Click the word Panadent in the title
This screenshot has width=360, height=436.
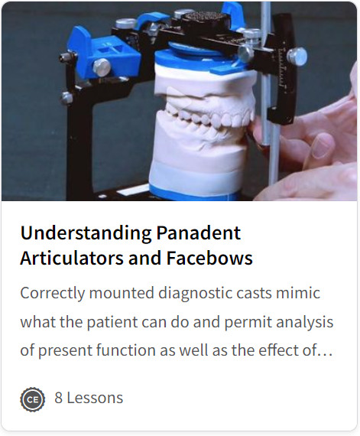[198, 233]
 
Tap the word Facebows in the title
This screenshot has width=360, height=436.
[209, 258]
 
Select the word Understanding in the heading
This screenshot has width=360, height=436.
[86, 233]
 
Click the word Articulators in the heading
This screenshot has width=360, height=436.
[72, 258]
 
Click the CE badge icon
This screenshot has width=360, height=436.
[33, 399]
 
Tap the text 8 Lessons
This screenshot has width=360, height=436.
[89, 398]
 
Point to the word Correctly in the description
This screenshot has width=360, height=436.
[53, 294]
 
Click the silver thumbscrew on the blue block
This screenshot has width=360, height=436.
[102, 67]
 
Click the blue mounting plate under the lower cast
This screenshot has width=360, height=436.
[194, 191]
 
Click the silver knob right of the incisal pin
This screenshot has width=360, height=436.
[297, 57]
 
